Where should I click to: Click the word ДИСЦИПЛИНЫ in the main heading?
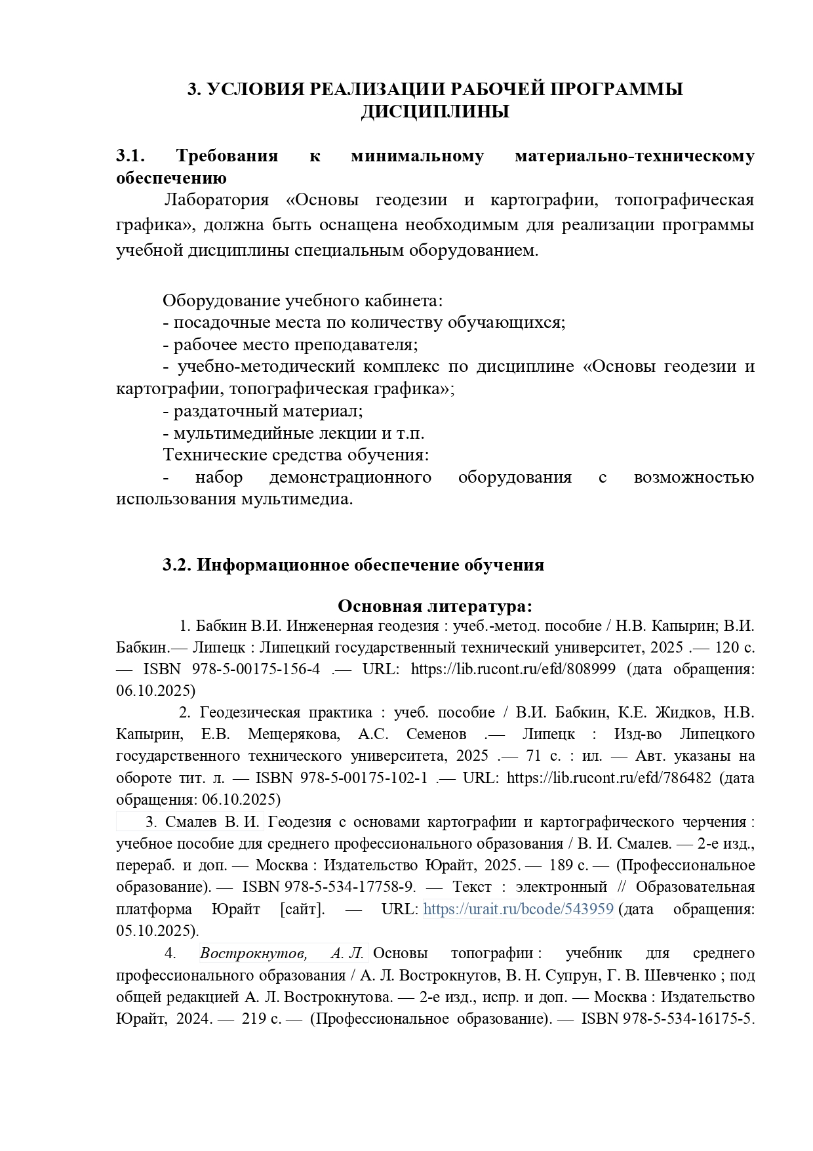pos(435,112)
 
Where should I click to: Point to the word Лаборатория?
pos(216,200)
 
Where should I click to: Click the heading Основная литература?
pos(435,605)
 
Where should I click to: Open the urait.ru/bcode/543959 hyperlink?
pos(518,909)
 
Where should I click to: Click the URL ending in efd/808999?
pos(513,669)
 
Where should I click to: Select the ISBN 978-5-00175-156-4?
pos(256,669)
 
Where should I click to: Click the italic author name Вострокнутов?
pos(252,953)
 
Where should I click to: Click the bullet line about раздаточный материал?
pos(263,411)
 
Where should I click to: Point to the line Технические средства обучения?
pos(296,454)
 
